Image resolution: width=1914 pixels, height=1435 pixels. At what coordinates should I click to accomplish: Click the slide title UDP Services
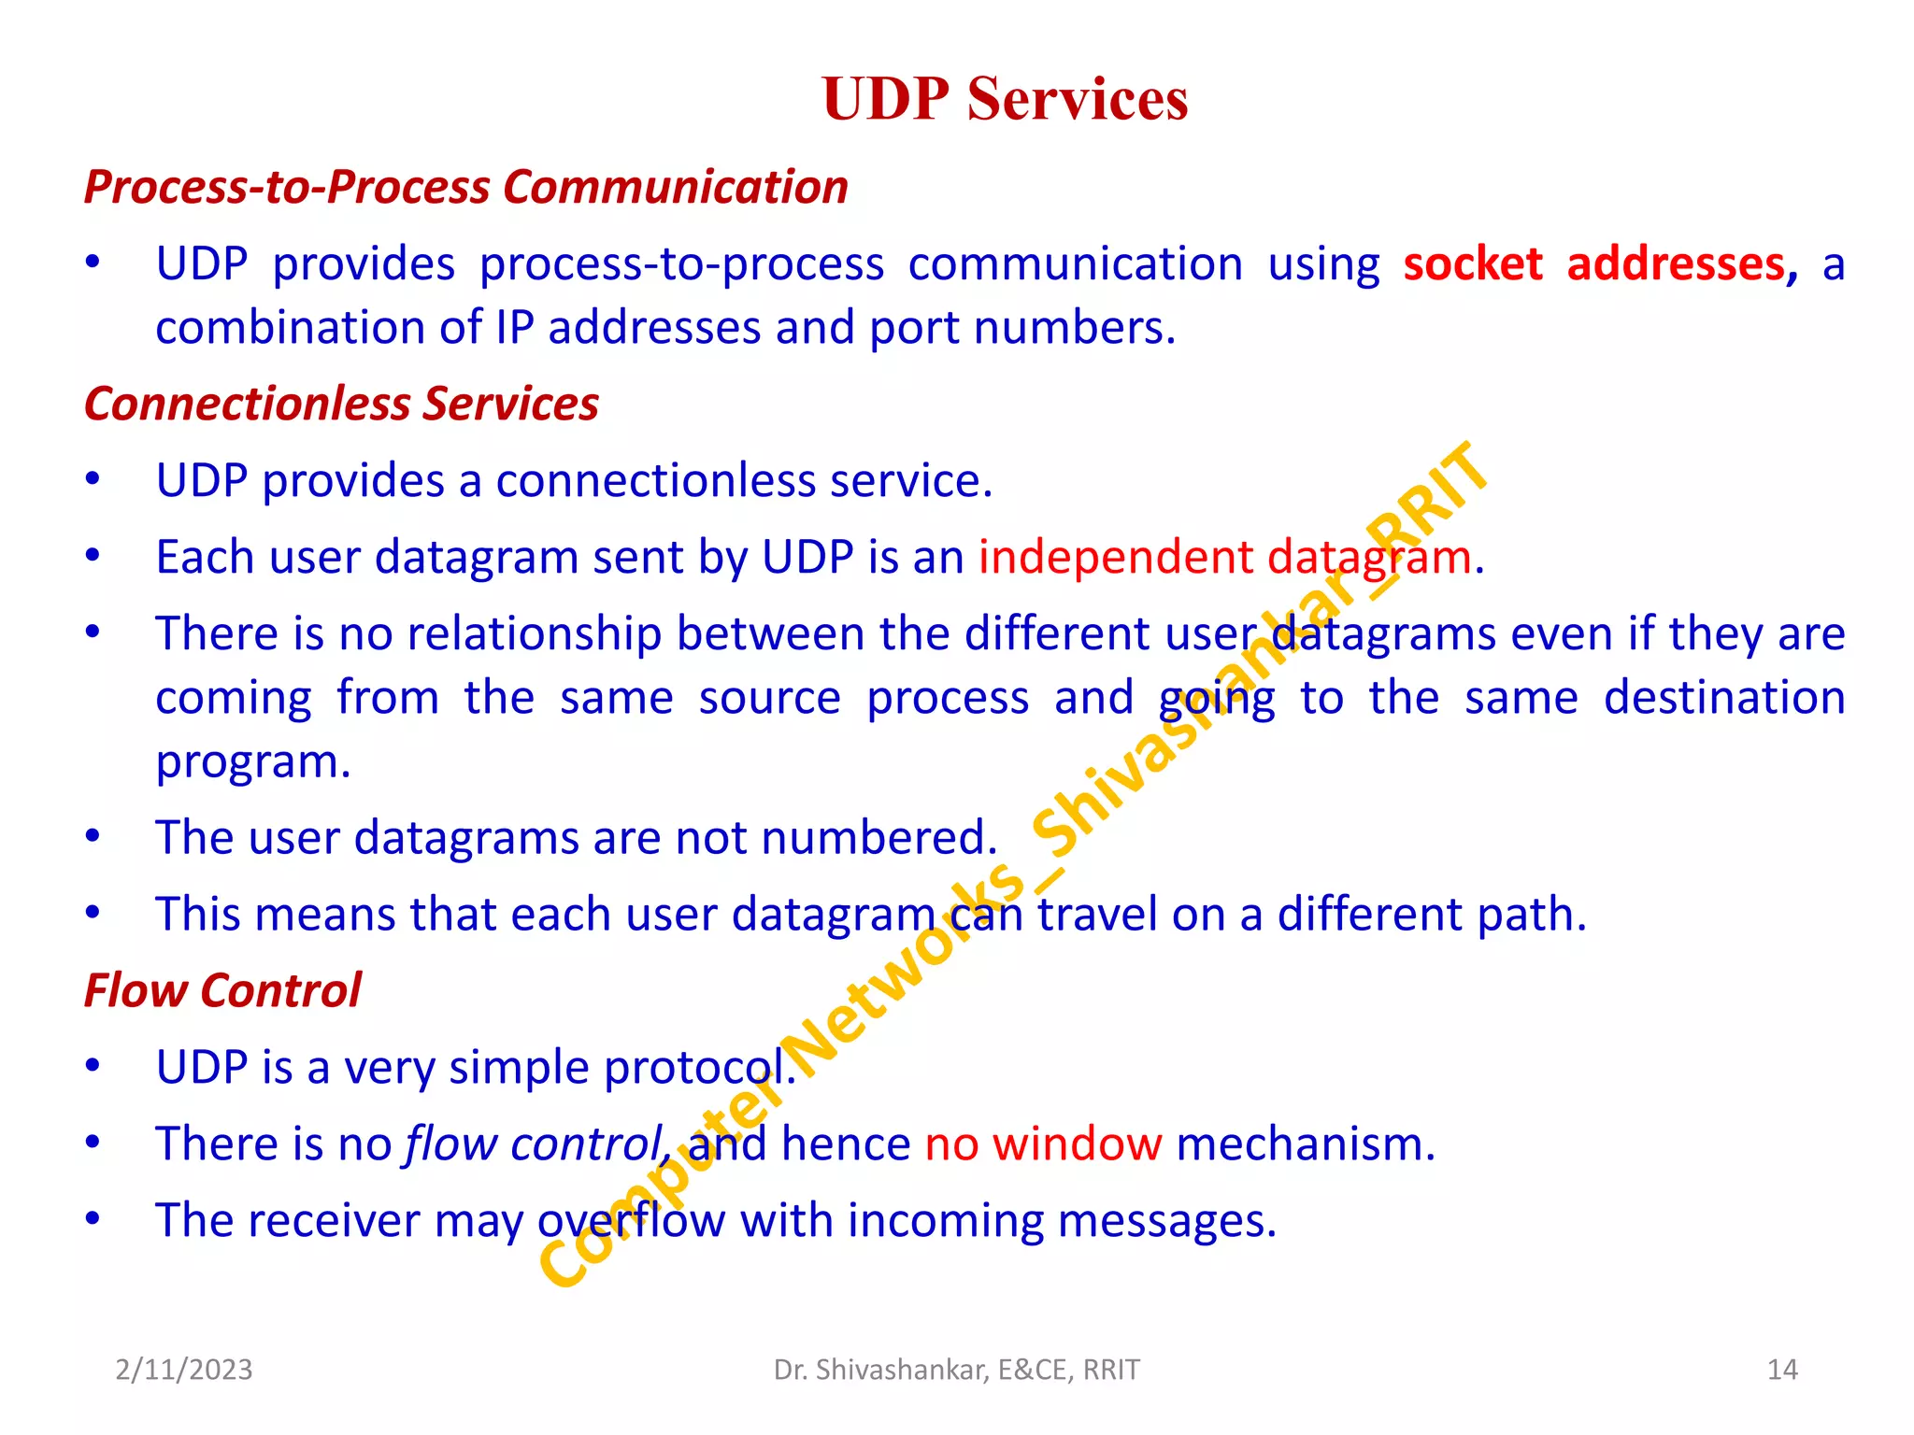[1005, 99]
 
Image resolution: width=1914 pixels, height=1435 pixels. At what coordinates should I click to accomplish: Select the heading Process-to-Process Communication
[465, 187]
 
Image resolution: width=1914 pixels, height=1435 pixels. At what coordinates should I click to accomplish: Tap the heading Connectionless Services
[341, 404]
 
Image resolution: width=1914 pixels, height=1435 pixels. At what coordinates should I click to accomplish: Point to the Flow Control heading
[222, 990]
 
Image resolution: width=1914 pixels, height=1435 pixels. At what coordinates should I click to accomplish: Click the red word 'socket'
[1472, 264]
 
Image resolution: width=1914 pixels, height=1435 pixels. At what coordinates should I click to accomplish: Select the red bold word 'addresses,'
[1681, 264]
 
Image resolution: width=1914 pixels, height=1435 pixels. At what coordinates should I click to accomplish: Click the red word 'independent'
[1114, 558]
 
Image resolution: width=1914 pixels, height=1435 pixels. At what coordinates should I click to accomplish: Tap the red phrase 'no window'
[1043, 1144]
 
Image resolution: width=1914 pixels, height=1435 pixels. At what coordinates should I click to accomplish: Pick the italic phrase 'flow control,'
[537, 1144]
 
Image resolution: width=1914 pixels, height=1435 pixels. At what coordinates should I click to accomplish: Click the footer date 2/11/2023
[184, 1370]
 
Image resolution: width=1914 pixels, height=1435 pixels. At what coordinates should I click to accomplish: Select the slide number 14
[1782, 1370]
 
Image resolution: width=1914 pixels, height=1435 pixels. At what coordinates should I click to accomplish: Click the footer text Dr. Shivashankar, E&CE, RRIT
[956, 1370]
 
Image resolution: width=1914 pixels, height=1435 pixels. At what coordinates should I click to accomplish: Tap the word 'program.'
[253, 762]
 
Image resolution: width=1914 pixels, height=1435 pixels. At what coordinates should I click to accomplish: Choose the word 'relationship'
[535, 634]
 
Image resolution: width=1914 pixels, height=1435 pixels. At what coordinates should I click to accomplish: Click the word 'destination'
[1724, 699]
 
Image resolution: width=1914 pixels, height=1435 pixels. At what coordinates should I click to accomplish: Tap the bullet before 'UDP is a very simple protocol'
[93, 1066]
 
